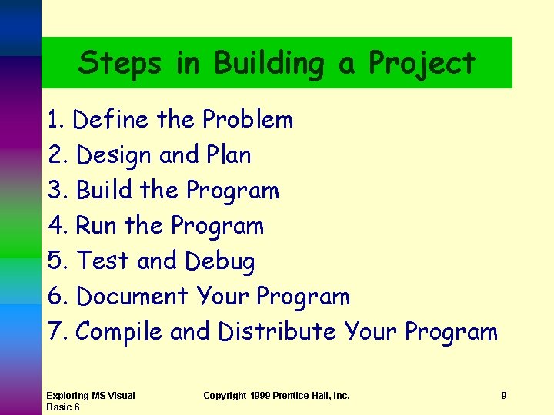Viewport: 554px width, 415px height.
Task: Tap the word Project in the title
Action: tap(422, 64)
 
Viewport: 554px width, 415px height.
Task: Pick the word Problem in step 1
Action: tap(248, 120)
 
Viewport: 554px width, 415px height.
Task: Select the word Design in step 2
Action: tap(115, 155)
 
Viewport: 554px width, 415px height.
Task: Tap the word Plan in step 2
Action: tap(229, 155)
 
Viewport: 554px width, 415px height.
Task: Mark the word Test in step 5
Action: tap(103, 261)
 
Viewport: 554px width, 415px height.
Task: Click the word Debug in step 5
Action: tap(220, 261)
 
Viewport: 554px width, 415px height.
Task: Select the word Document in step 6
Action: tap(132, 296)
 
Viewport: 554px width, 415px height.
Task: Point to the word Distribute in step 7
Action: tap(277, 331)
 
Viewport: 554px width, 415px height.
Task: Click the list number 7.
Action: tap(55, 331)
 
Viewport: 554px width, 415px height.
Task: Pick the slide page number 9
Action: tap(503, 395)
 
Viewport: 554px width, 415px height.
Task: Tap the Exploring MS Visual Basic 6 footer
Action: tap(90, 400)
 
